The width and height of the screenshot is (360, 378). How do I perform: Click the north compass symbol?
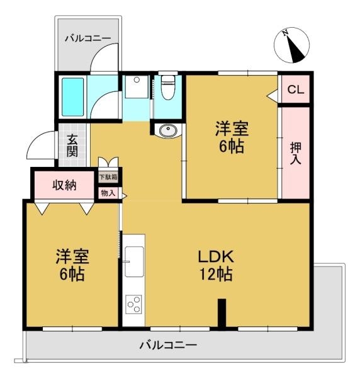tap(291, 45)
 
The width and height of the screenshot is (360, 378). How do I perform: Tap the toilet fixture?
tap(167, 88)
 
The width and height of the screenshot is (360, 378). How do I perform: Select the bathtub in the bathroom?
tap(72, 97)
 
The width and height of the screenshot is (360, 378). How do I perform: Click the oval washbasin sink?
tap(167, 131)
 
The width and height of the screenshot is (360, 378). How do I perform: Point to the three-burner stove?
tap(133, 304)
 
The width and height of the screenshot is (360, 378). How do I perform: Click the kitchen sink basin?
tap(134, 261)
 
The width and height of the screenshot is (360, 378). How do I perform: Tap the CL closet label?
tap(295, 89)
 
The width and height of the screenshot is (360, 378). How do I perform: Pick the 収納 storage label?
tap(64, 185)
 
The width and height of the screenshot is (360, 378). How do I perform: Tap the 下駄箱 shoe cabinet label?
tap(108, 177)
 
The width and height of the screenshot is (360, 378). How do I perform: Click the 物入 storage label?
tap(108, 193)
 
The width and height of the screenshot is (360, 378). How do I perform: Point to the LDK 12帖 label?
tap(216, 265)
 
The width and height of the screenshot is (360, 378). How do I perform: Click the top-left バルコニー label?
tap(88, 38)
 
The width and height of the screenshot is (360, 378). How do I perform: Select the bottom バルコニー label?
tap(168, 345)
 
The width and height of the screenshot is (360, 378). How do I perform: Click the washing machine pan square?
tap(137, 87)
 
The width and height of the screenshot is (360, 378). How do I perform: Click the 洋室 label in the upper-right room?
tap(232, 129)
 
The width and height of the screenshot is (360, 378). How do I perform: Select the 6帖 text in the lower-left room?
tap(72, 274)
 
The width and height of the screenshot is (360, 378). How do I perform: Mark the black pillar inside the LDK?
tap(222, 313)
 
